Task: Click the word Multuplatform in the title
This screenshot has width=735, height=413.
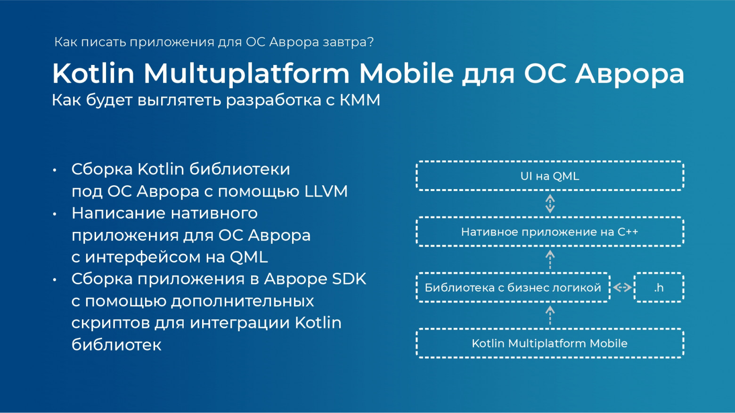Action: coord(246,74)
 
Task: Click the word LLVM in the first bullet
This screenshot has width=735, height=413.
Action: coord(326,191)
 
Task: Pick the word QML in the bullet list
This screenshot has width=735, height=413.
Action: coord(249,257)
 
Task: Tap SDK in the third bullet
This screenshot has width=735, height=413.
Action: coord(349,279)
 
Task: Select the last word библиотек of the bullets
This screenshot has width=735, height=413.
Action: coord(116,344)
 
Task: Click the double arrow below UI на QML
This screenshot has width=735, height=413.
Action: coord(550,204)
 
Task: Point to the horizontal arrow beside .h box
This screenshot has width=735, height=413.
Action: coord(622,287)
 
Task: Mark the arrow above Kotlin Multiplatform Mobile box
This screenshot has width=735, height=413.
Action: coord(550,315)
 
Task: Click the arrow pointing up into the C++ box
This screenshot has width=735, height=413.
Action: coord(550,259)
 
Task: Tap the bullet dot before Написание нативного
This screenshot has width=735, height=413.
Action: coord(55,214)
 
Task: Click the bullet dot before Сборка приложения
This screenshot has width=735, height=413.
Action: coord(55,280)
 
